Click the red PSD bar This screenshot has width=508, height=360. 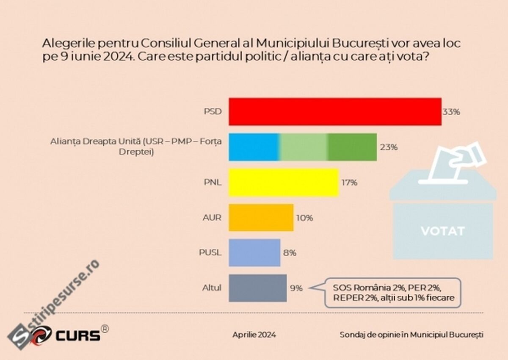(335, 111)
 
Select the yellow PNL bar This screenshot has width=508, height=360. (284, 183)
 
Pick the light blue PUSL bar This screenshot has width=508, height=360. (254, 252)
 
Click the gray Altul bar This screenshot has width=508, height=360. (257, 288)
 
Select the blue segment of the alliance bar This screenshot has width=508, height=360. (254, 147)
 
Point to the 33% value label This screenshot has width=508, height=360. (451, 112)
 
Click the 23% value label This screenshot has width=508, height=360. (388, 147)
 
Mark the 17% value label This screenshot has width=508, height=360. (349, 183)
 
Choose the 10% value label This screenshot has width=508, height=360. (304, 218)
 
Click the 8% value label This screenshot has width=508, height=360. (290, 253)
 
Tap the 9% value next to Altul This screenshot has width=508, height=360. (296, 288)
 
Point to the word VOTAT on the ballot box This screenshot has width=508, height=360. (443, 231)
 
